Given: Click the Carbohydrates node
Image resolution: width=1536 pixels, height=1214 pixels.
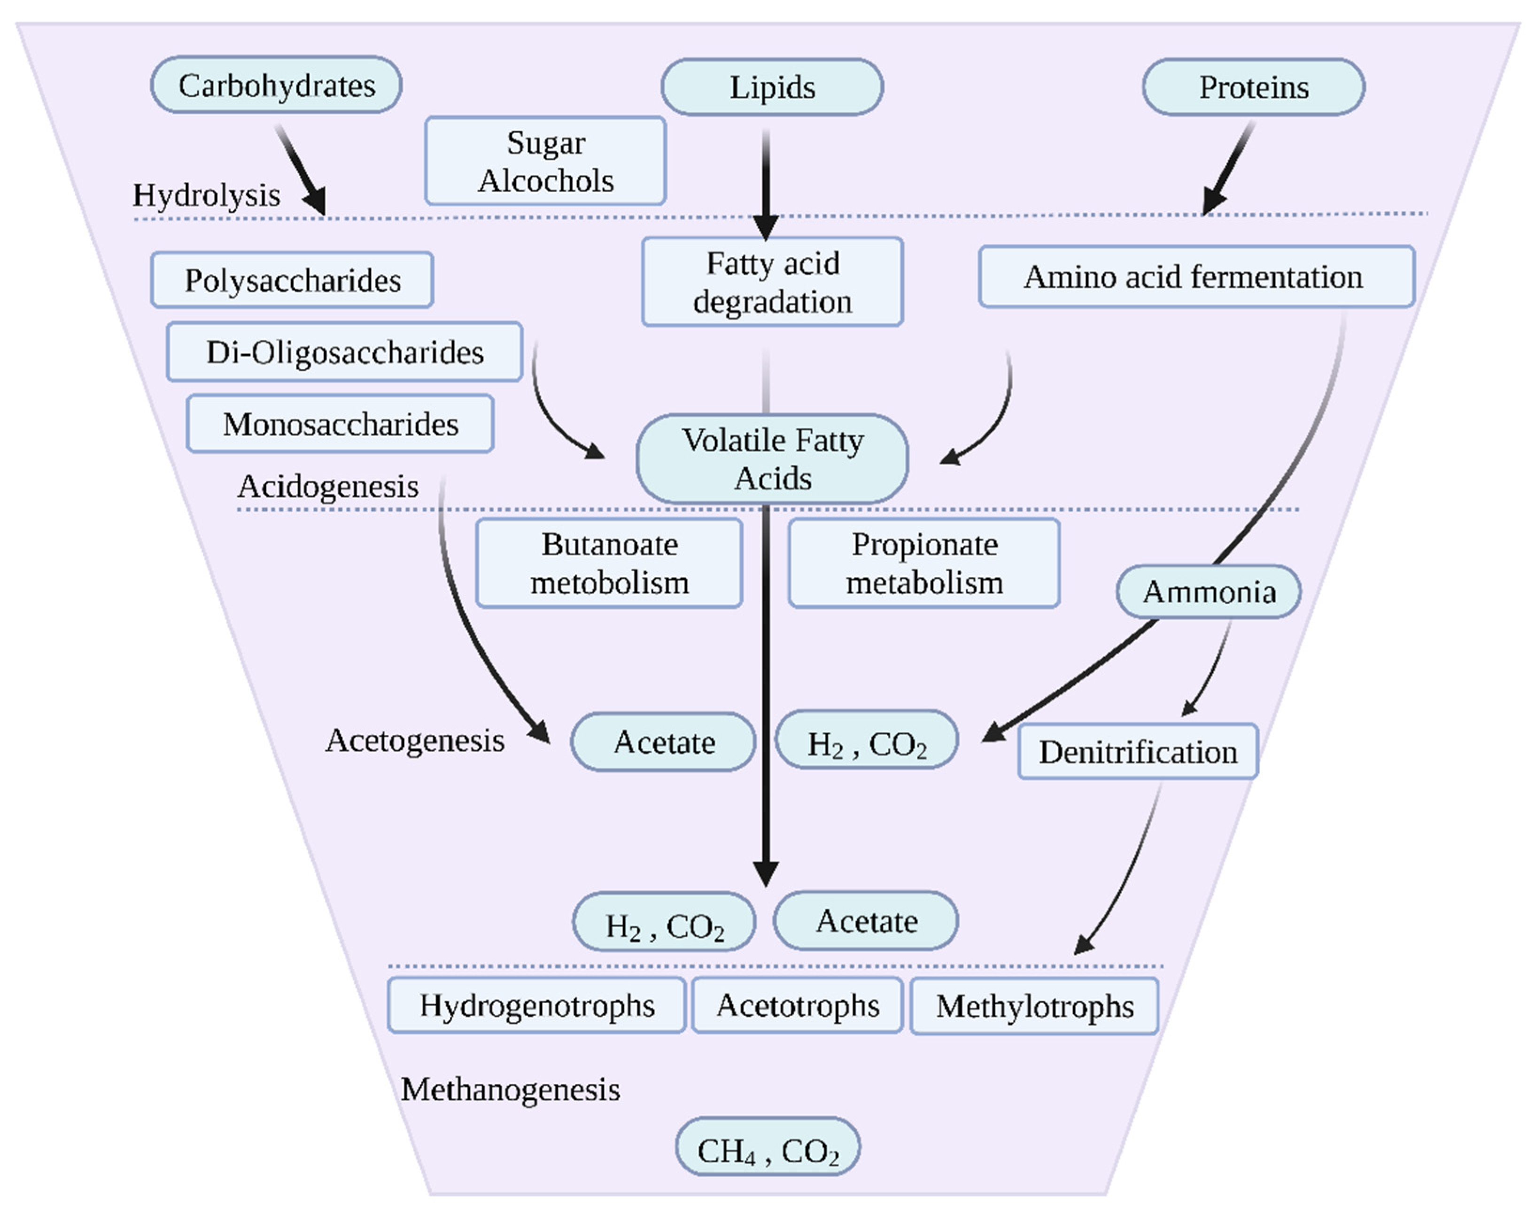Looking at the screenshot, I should pos(276,86).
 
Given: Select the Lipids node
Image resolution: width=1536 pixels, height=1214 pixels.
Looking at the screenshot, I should pos(772,87).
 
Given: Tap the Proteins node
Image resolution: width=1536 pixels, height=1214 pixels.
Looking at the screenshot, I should pos(1253,87).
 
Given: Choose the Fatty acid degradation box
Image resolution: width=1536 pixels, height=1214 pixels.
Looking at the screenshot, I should pos(772,282).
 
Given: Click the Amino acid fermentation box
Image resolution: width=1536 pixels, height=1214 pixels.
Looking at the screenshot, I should pos(1196,277).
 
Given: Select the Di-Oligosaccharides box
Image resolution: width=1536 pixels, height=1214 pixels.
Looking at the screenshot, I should pos(345,352).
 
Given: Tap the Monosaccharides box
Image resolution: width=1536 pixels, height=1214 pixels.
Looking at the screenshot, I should pos(340,424).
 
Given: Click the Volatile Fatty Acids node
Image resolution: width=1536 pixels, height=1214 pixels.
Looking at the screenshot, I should pos(772,459).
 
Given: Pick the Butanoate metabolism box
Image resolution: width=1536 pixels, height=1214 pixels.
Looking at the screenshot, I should pos(610,563).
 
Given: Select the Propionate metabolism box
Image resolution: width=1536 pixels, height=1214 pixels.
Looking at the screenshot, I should pos(924,563).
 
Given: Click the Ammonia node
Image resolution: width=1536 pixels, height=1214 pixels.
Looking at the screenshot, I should pos(1209,591).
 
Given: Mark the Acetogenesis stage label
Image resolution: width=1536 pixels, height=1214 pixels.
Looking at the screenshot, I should pos(415,740).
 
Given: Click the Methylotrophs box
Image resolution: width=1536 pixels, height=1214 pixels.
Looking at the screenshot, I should pos(1034,1006).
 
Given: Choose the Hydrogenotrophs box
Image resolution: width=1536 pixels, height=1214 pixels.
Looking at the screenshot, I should pos(536,1005).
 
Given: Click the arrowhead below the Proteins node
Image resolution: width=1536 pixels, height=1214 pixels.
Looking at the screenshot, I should pos(1213,201).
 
